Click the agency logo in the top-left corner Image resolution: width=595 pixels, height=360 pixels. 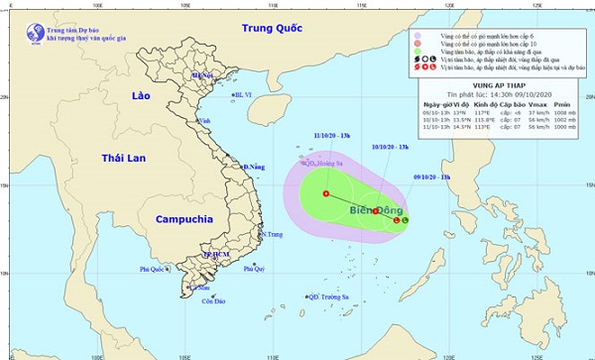(16, 30)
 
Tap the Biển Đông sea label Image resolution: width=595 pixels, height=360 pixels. (376, 211)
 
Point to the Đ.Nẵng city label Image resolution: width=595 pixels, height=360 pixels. (256, 167)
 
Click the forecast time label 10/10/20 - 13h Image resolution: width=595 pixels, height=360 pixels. (390, 148)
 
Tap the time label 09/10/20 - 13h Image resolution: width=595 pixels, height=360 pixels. (429, 177)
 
